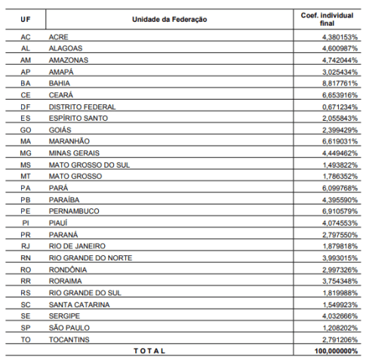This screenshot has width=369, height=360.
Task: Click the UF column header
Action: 25,19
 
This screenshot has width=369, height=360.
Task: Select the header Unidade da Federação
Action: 169,19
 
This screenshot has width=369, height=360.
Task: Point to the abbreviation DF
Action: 26,106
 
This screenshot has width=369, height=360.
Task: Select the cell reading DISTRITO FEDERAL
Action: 82,106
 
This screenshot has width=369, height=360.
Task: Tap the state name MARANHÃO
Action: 69,141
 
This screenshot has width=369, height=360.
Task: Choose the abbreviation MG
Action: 26,152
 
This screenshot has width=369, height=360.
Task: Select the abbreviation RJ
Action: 26,246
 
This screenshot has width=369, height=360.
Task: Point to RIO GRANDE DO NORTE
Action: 90,257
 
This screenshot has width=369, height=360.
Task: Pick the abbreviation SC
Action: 26,304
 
